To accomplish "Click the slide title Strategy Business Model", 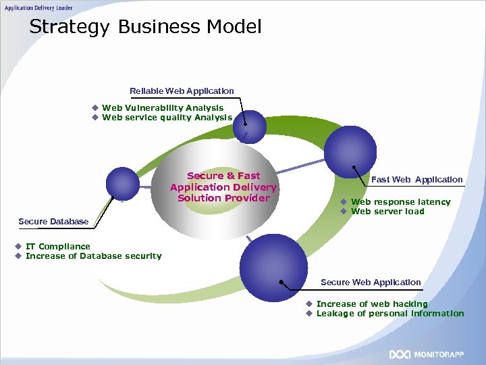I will point(145,27).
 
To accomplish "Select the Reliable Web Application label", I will point(182,91).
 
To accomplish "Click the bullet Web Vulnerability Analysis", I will point(162,107).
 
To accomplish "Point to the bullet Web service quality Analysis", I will point(167,117).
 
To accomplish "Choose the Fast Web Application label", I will point(417,179).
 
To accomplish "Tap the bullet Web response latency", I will point(400,201).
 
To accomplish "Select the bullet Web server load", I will point(387,211).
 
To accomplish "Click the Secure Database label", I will point(53,221).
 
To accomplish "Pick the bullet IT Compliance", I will point(57,246).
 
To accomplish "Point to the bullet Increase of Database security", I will point(93,255).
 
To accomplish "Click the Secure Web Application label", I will point(371,282).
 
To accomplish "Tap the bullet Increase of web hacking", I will point(372,303).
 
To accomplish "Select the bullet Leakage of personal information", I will point(389,313).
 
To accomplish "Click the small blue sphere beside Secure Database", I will point(122,182).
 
